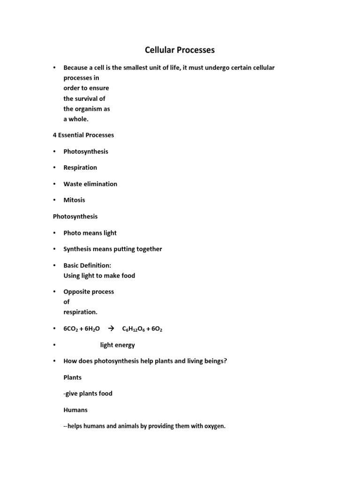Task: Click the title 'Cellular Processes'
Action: [x=180, y=50]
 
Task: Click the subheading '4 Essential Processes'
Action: [x=83, y=135]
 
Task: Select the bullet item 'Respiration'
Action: [x=80, y=167]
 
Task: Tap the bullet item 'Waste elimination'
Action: [x=90, y=184]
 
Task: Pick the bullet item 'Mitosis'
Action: [x=75, y=200]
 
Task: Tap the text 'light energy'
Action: [x=117, y=345]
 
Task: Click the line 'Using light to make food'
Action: [x=99, y=276]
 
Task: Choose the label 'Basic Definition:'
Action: [x=87, y=265]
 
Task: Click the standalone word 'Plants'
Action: [x=73, y=377]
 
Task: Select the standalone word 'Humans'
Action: [x=75, y=410]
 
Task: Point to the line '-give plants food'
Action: [x=88, y=393]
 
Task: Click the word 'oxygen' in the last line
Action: [x=214, y=427]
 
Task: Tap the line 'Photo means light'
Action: [x=90, y=233]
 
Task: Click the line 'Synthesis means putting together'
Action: [x=112, y=249]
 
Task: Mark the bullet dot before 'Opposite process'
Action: [x=55, y=292]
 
